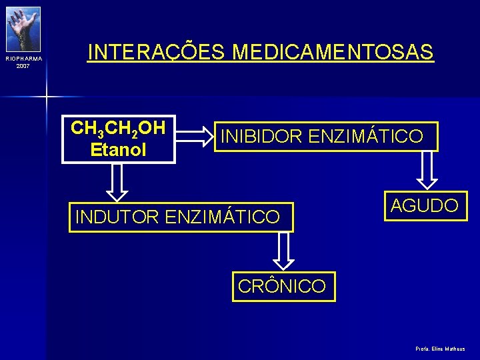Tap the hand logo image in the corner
click(23, 29)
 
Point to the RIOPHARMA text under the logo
click(23, 59)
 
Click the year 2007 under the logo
click(23, 66)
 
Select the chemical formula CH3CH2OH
click(118, 128)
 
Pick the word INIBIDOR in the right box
click(261, 137)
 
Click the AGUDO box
click(424, 206)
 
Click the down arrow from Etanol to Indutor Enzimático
click(117, 183)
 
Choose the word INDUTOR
click(117, 217)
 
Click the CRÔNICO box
click(282, 287)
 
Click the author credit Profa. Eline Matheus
click(439, 349)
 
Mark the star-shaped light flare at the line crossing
click(46, 97)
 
